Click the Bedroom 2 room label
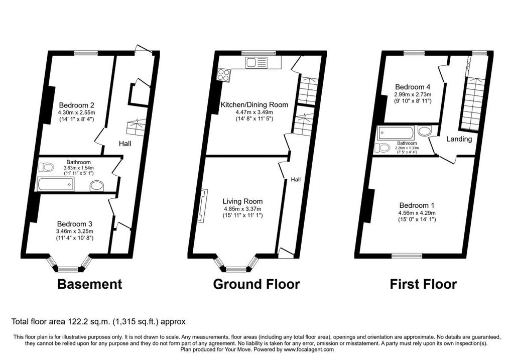click(x=76, y=105)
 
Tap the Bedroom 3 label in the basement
click(x=74, y=224)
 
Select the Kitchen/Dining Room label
click(x=254, y=104)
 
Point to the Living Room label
click(x=242, y=201)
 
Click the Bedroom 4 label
click(x=413, y=87)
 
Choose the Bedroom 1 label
click(x=417, y=205)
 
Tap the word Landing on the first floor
click(x=459, y=139)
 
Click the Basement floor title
click(x=89, y=284)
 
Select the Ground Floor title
click(x=256, y=284)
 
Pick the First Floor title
click(x=423, y=284)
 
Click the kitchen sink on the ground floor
click(x=256, y=62)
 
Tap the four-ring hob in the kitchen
click(x=224, y=74)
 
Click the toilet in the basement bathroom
click(x=46, y=167)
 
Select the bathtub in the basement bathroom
click(x=56, y=184)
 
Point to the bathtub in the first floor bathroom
click(x=396, y=133)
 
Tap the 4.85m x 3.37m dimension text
click(x=242, y=209)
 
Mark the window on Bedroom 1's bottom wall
click(x=407, y=256)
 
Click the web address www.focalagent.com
click(x=309, y=349)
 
